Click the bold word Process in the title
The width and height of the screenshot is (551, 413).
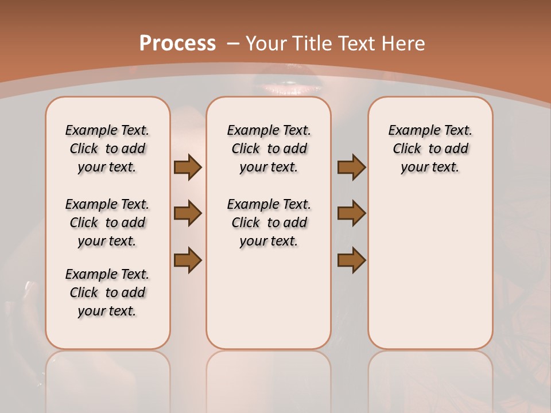(x=177, y=44)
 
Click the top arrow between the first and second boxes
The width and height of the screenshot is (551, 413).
(x=188, y=167)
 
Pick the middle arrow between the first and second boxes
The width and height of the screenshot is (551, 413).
(x=188, y=213)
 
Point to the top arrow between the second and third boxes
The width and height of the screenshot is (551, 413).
(x=351, y=167)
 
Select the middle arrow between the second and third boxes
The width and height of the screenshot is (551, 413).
(x=351, y=213)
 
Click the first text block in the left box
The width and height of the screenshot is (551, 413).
(x=107, y=149)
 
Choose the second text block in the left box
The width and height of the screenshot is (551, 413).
(x=107, y=223)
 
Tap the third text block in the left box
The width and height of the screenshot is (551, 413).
(x=107, y=293)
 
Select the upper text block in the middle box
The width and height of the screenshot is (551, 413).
(x=269, y=149)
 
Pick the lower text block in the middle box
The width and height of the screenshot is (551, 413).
(x=269, y=223)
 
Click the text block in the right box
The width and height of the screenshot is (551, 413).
(x=430, y=149)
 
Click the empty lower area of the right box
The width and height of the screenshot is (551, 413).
(x=430, y=275)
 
